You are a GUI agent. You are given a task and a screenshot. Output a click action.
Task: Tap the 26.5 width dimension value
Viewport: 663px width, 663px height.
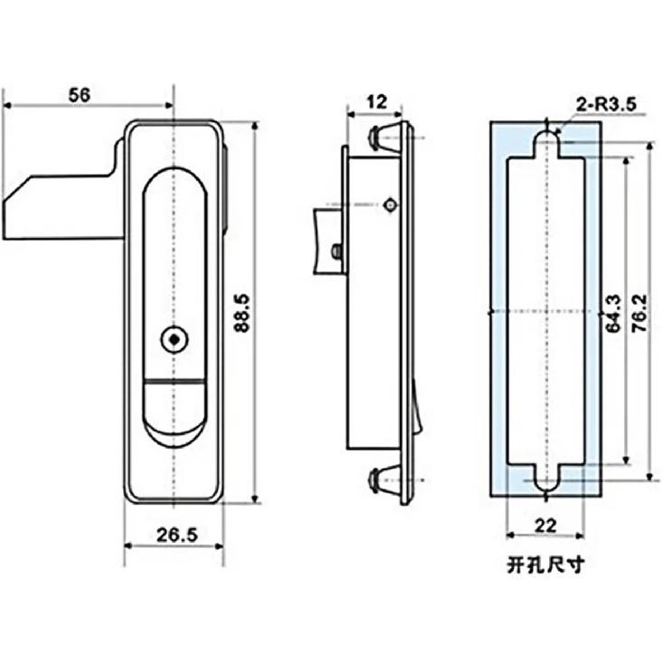click(175, 535)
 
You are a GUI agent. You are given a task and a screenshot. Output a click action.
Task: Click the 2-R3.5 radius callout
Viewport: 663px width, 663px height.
click(605, 106)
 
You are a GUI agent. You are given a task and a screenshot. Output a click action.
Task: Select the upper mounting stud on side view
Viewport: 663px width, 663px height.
click(383, 137)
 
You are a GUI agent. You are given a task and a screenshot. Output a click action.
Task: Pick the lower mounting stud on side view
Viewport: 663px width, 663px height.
click(383, 480)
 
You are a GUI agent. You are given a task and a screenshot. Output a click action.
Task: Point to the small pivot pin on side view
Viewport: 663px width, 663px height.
click(389, 205)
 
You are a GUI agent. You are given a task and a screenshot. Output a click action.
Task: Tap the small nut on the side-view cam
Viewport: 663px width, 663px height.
click(336, 251)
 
